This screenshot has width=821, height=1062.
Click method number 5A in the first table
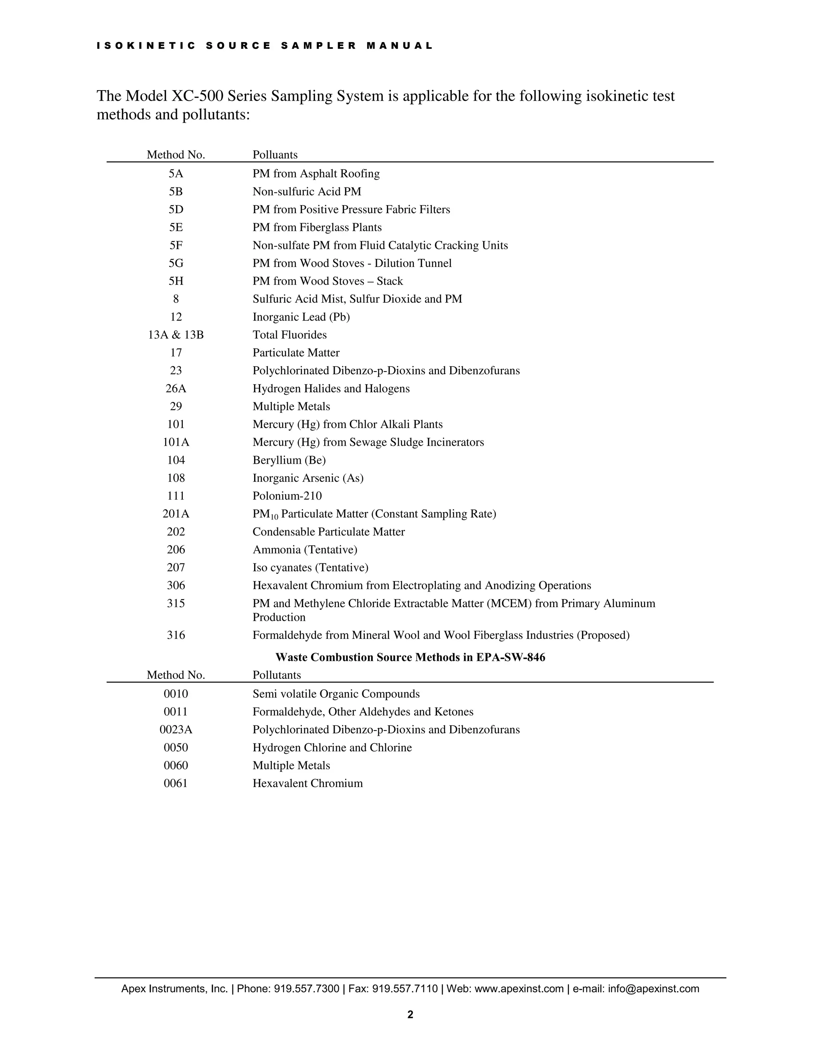click(x=176, y=174)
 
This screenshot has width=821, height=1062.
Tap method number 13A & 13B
click(x=176, y=335)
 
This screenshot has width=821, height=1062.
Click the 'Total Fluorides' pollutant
click(x=289, y=335)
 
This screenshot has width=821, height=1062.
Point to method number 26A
click(x=176, y=388)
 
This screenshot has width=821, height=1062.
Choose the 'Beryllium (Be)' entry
click(x=289, y=460)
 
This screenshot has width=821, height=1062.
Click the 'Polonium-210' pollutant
click(x=287, y=496)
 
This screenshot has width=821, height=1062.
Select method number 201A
click(x=176, y=514)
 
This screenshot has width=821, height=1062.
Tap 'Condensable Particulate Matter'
click(x=328, y=532)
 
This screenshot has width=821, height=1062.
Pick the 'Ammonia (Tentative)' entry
click(x=305, y=549)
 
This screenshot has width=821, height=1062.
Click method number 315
click(x=176, y=604)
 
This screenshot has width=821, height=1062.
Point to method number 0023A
click(x=176, y=729)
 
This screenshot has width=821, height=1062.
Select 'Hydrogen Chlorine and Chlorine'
click(x=332, y=747)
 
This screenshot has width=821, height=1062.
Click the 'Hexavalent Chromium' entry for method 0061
click(x=307, y=783)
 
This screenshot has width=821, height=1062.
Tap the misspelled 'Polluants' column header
click(x=275, y=155)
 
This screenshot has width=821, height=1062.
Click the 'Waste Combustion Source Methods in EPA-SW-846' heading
click(x=410, y=657)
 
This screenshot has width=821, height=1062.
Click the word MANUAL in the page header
click(x=399, y=46)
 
